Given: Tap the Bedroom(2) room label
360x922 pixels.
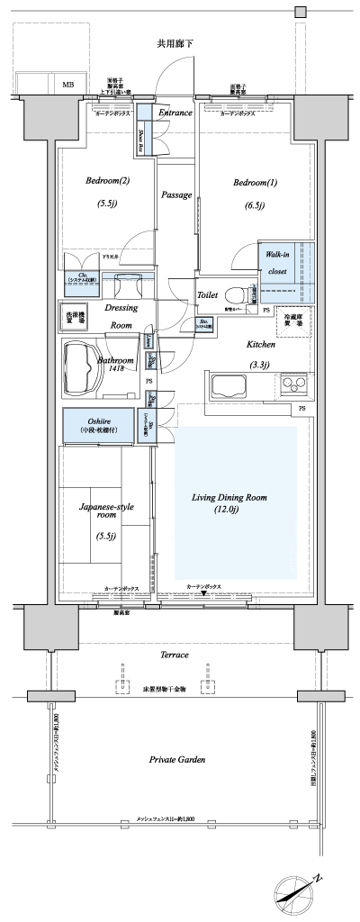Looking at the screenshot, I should point(107,182).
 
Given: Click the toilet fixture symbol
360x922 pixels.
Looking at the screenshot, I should point(235,294).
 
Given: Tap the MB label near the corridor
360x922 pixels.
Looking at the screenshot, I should point(68,85).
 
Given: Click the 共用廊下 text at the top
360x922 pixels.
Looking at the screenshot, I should point(175,42).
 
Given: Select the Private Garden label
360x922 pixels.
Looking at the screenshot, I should point(177,760).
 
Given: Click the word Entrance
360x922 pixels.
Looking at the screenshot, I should point(175,113).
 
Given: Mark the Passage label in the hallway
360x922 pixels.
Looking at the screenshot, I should point(176,194).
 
